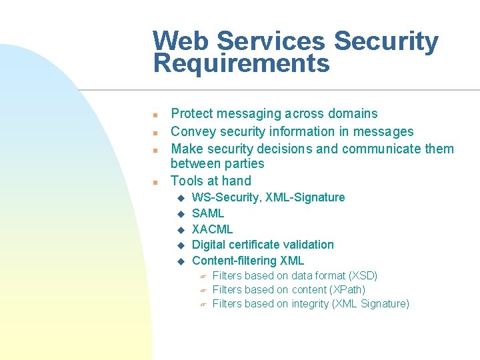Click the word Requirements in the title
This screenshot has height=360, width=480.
[x=241, y=64]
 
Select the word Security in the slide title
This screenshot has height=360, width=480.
[x=386, y=41]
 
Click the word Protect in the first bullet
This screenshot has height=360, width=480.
[x=193, y=114]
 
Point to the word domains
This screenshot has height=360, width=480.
[x=351, y=114]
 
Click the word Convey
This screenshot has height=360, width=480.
[x=193, y=131]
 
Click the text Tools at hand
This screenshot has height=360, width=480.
[x=211, y=181]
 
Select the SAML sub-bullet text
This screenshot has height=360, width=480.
[x=208, y=213]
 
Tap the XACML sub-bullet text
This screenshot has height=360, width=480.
[x=212, y=229]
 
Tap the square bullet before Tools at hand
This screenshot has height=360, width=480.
[x=155, y=182]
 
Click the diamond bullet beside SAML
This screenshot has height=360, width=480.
[x=179, y=214]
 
